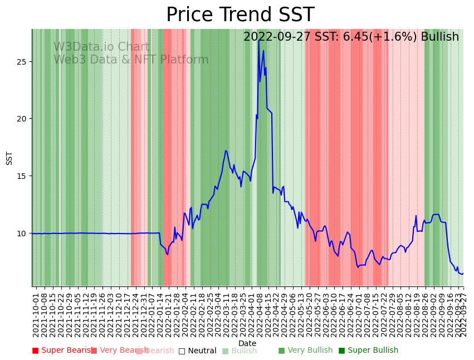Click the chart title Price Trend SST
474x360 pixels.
pos(240,15)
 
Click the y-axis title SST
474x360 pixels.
pos(9,158)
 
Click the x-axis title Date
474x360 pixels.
pos(247,344)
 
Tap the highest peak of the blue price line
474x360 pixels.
pos(263,51)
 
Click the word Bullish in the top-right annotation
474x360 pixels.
pos(440,37)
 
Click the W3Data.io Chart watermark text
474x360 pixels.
pos(101,47)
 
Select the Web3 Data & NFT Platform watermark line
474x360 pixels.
pos(131,60)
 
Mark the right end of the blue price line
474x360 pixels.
pos(463,273)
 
